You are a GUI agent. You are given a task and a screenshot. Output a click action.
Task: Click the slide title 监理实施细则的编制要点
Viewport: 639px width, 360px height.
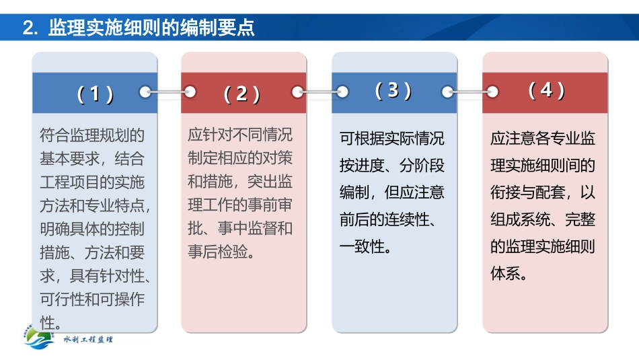pos(152,28)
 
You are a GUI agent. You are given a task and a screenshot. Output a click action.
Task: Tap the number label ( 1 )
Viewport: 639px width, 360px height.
pos(95,94)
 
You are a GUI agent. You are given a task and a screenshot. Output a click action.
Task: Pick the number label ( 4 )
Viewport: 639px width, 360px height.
pos(546,90)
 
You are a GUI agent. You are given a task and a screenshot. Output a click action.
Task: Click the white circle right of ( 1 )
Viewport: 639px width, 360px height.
pos(145,92)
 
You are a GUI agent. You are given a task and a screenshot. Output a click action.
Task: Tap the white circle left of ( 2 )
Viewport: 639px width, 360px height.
pos(190,92)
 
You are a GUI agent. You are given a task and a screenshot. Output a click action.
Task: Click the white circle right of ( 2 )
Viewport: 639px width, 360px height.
pos(297,92)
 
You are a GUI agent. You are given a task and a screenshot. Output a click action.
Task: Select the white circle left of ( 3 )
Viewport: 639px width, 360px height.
pos(342,92)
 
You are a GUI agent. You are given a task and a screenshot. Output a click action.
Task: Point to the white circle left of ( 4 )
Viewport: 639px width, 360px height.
pos(492,92)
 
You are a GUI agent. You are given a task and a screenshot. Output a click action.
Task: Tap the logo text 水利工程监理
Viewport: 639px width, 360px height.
pos(88,340)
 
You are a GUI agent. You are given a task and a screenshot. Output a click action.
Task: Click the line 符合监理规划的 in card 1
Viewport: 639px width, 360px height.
pos(92,135)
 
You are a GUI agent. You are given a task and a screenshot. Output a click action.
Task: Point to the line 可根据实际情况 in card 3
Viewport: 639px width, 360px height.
pos(392,139)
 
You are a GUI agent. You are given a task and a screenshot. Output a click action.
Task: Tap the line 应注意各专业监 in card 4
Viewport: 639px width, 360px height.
pos(543,139)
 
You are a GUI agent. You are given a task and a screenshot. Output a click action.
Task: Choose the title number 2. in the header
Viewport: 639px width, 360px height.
pos(32,28)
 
